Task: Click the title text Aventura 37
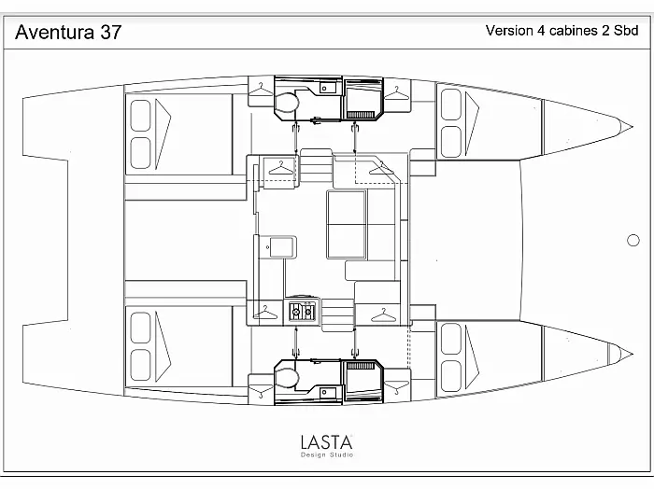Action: pyautogui.click(x=68, y=33)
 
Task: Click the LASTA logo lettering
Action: pyautogui.click(x=326, y=441)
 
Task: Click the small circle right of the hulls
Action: pyautogui.click(x=633, y=240)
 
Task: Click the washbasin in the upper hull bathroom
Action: pyautogui.click(x=327, y=89)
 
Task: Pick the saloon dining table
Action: pyautogui.click(x=347, y=224)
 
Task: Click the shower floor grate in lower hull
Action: pyautogui.click(x=361, y=365)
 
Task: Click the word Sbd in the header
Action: pyautogui.click(x=624, y=30)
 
